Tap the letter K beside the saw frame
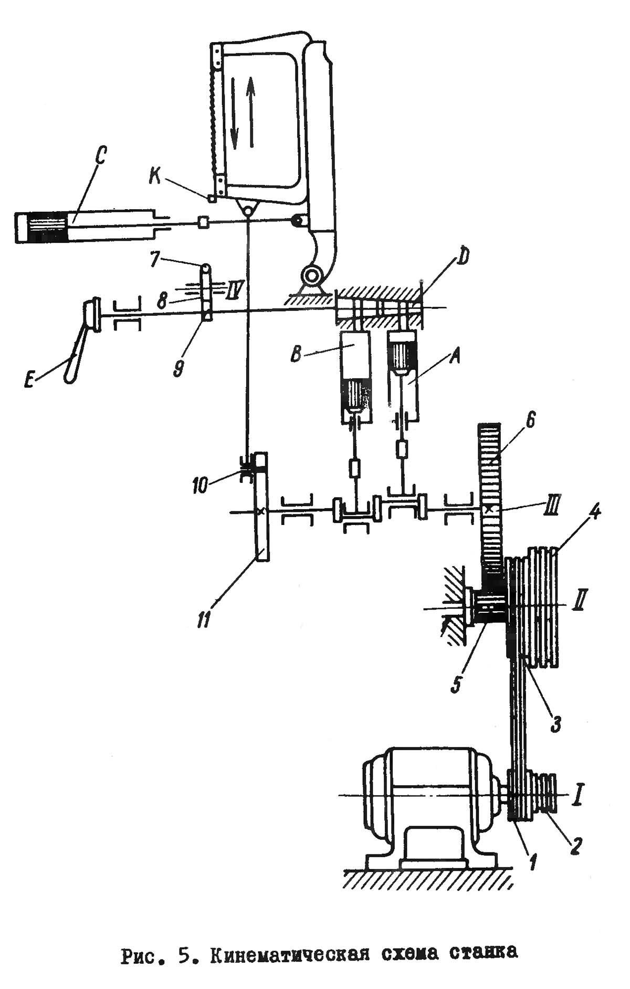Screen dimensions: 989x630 155,178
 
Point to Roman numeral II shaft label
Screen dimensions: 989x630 578,601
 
